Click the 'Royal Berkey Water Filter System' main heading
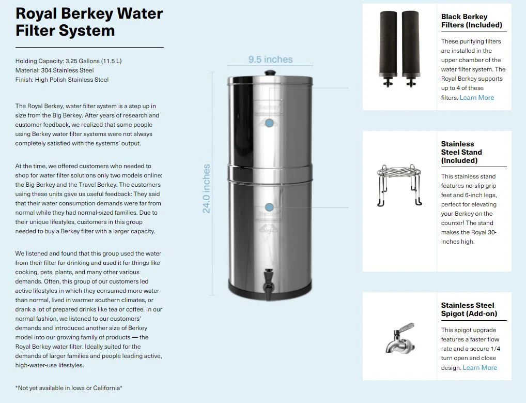coord(89,21)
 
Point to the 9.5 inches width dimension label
coord(270,59)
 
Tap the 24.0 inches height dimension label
coord(207,189)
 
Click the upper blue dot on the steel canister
coord(269,123)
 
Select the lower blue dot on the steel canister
coord(269,207)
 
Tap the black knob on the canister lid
coord(269,73)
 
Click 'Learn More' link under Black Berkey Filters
coord(476,98)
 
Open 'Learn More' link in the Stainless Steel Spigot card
coord(479,368)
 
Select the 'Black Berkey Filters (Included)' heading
coord(471,21)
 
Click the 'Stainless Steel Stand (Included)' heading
coord(461,152)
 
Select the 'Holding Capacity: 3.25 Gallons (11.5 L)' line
coord(69,61)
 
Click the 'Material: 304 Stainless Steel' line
coord(55,70)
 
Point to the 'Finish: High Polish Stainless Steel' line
coord(62,80)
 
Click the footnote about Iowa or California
coord(69,387)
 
